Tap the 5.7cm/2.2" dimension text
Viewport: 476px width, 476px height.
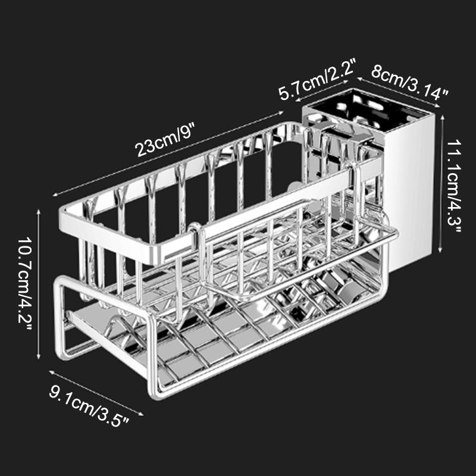317,81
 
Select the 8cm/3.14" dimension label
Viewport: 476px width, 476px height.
411,81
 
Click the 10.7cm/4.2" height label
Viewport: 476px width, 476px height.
26,284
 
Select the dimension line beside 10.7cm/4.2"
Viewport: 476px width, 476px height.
39,284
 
